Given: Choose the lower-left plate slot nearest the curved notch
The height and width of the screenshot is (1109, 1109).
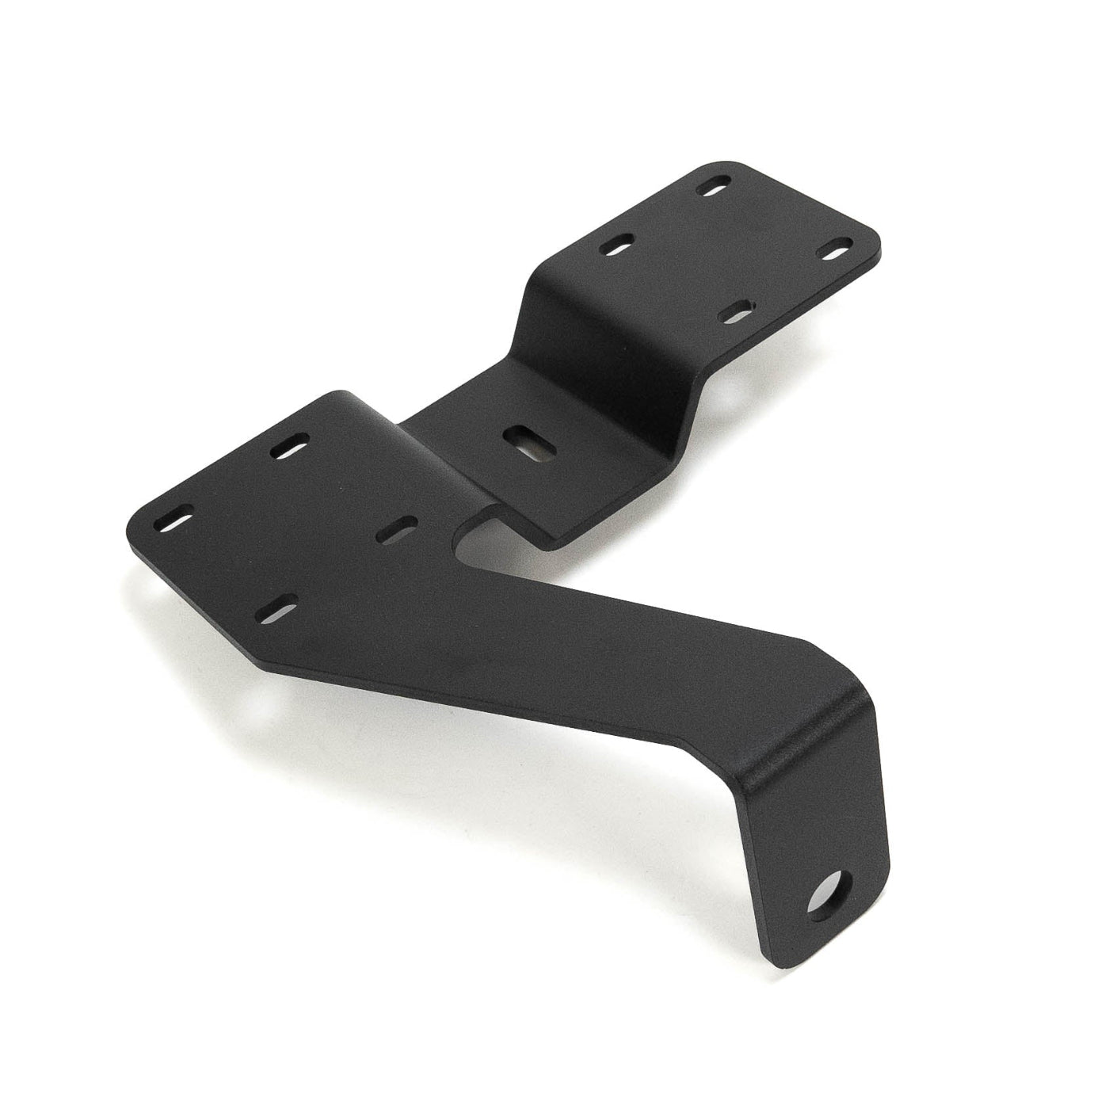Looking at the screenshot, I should pos(401,528).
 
